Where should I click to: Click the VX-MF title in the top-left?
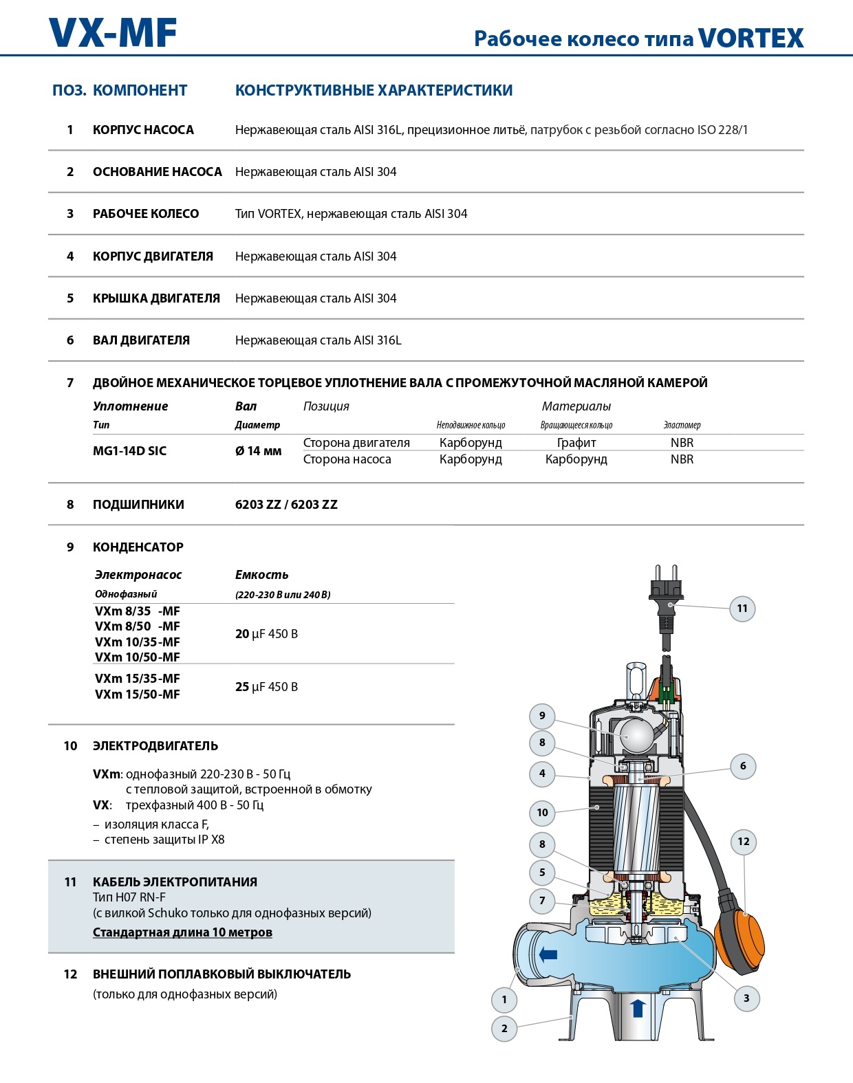pos(113,33)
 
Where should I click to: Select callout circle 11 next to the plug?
pos(742,608)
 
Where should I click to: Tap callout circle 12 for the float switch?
pos(744,842)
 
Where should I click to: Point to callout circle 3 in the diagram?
pos(746,998)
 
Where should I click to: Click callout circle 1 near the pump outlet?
pos(504,999)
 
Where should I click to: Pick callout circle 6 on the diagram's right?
pos(743,765)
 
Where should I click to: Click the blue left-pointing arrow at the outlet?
pos(548,954)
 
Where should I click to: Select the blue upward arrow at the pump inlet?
pos(637,1008)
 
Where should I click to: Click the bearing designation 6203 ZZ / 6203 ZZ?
pos(286,504)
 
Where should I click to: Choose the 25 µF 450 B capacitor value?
pos(266,686)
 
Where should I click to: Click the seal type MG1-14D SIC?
pos(129,451)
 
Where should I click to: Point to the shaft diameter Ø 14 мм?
pos(258,451)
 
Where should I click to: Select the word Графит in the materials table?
pos(576,443)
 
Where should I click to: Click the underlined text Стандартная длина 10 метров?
pos(182,932)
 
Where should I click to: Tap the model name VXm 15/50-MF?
pos(138,694)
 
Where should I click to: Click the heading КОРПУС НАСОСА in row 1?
pos(143,130)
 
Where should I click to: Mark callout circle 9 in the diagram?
pos(542,716)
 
